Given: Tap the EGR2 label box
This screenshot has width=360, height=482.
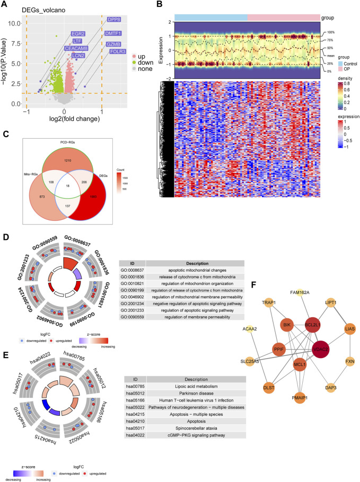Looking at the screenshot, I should (x=78, y=34).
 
